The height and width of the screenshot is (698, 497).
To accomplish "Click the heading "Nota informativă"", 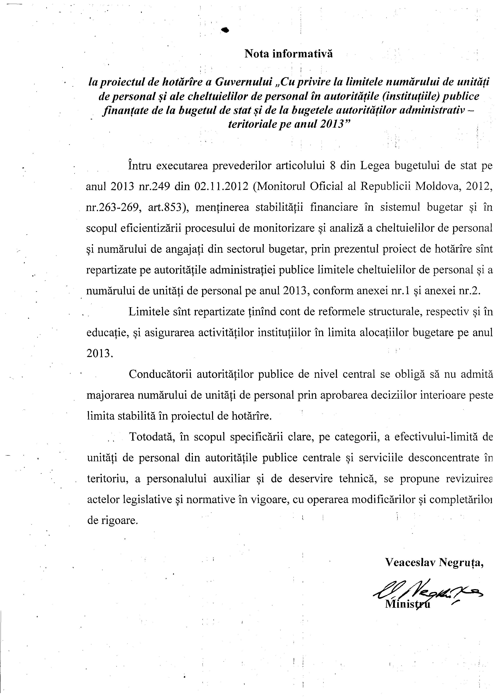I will tap(288, 54).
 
